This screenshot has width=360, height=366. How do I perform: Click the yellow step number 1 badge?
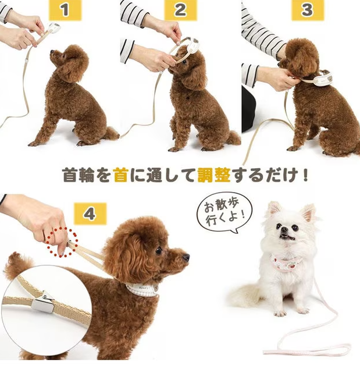pos(65,10)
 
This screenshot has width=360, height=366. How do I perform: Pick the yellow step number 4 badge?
pos(89,214)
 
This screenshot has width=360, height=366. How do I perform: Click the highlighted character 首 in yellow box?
pos(120,175)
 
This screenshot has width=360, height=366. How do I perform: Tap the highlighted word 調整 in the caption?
pos(213,175)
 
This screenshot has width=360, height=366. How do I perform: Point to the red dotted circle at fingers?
pos(62,242)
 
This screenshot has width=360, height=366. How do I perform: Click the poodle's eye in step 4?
pos(158,250)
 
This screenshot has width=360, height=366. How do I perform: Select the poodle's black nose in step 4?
pos(186,256)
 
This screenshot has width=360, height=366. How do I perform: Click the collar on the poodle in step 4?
pos(142,288)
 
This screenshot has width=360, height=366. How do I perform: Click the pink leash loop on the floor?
pos(308,349)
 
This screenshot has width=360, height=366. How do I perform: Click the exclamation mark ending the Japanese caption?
pos(306,175)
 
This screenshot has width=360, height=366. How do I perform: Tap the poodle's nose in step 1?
pos(52,52)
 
